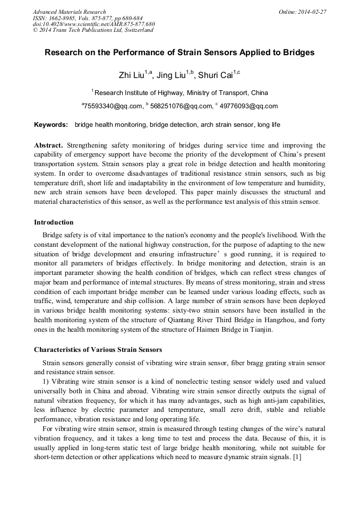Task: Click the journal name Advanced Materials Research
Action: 69,12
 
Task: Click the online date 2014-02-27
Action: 313,12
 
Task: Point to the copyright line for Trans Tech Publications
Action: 93,30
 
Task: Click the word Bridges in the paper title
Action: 297,53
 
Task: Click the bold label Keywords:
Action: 51,125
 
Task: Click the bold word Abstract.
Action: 48,145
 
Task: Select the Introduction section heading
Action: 54,222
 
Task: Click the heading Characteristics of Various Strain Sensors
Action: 98,350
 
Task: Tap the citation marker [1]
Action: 297,458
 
